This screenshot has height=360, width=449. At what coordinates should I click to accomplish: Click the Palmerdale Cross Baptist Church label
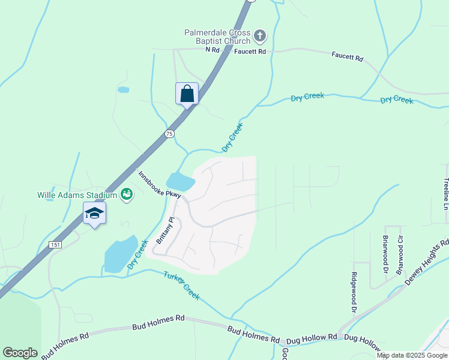pos(217,37)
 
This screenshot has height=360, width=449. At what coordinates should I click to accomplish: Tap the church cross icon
pos(260,36)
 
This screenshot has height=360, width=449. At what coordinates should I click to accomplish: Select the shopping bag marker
pos(187,94)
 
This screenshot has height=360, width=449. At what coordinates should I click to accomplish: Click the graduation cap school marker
pos(94,214)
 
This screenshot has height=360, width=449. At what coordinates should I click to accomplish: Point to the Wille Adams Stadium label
pos(76,194)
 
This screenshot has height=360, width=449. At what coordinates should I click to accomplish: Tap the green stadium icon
pos(126,194)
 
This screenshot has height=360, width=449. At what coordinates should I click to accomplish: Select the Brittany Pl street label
pos(164,230)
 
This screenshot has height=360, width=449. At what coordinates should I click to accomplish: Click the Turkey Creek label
pos(181,286)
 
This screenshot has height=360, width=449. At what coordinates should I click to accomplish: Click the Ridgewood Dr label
pos(354,293)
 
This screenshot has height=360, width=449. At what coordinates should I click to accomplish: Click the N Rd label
pos(213,50)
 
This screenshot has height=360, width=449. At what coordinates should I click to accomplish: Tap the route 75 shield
pos(169,134)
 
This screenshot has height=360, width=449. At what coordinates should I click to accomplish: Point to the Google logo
pos(20,353)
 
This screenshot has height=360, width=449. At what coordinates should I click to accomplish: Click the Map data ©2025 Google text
pos(411,355)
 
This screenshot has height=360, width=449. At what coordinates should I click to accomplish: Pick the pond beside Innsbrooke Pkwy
pos(180,181)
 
